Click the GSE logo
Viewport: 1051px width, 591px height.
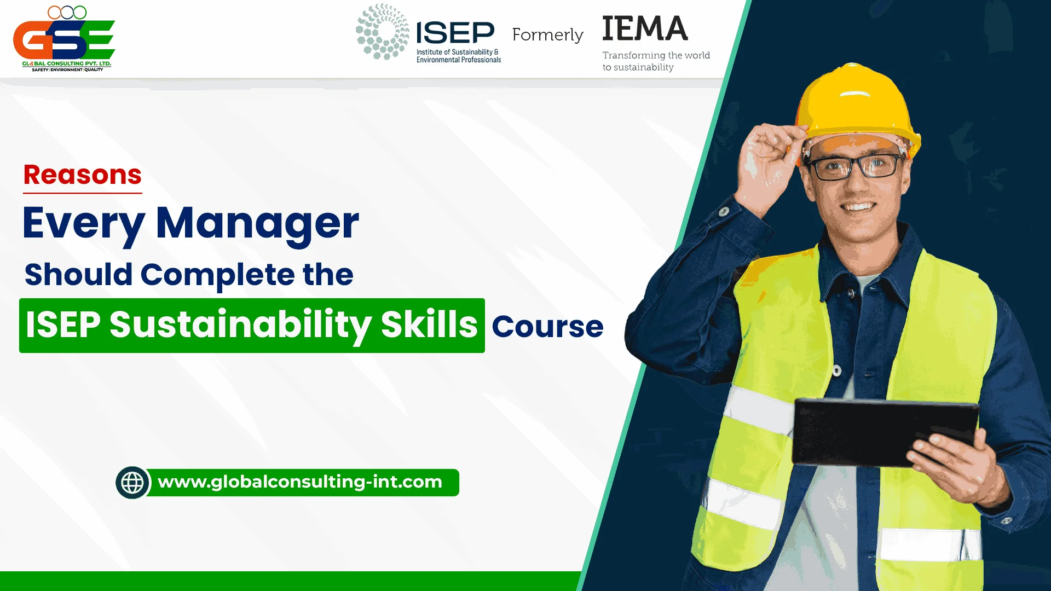pos(64,39)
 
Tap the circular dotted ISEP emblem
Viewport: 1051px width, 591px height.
pos(382,32)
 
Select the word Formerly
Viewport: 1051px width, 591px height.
pos(547,35)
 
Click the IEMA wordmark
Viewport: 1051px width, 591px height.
pos(645,28)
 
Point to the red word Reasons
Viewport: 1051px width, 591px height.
pos(83,175)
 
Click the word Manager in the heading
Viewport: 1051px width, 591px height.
pos(257,223)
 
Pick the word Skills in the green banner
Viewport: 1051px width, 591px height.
pos(429,324)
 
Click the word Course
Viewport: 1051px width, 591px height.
pos(547,327)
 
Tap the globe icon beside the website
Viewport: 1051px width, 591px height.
pos(132,483)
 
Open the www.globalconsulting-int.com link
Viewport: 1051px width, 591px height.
pos(300,482)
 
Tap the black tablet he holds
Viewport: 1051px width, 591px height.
pos(884,432)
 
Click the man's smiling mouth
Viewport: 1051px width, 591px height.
pos(858,207)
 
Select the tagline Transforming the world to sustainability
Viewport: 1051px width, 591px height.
pos(656,61)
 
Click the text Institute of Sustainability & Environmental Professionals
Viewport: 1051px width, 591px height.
pos(459,56)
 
